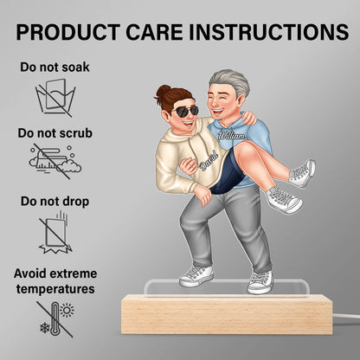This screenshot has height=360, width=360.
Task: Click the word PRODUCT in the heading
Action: click(67, 32)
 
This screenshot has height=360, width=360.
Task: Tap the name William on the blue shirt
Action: click(232, 135)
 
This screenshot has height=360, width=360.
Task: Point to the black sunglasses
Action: click(185, 111)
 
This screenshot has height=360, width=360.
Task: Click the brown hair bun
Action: click(164, 91)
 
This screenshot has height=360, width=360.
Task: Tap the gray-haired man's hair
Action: click(227, 83)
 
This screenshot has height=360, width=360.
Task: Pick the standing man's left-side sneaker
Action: click(196, 275)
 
